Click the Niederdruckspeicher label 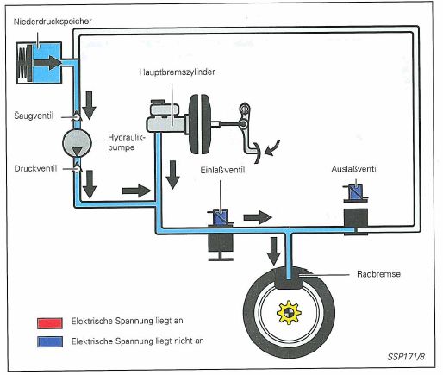coord(53,22)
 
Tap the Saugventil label coord(34,116)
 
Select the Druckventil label coord(35,168)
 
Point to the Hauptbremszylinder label coord(177,72)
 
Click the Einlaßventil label coord(222,170)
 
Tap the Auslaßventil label coord(354,169)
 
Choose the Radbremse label coord(378,274)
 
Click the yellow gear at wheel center coord(289,312)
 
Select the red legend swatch coord(50,323)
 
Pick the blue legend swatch coord(50,341)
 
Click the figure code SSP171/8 coord(406,357)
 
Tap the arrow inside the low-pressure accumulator coord(47,63)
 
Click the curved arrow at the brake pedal coord(271,148)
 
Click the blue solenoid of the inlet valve coord(220,216)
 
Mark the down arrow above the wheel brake coord(274,252)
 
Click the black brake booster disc coord(200,124)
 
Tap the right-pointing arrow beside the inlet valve coord(258,217)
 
